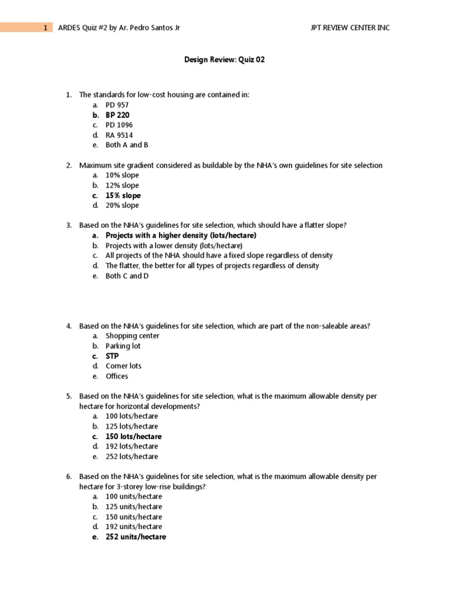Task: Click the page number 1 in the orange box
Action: [x=45, y=27]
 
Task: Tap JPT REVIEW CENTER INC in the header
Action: [x=351, y=27]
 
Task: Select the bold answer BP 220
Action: [x=118, y=115]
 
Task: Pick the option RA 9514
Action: [x=119, y=135]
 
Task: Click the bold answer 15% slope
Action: [x=123, y=196]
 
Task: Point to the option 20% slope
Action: [x=122, y=206]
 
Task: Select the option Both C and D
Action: [x=127, y=276]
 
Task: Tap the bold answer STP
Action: [x=112, y=356]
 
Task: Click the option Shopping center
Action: [x=132, y=336]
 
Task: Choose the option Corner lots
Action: [x=123, y=366]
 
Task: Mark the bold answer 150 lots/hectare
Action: [x=133, y=437]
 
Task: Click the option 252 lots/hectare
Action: [x=132, y=457]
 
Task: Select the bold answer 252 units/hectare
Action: [x=136, y=537]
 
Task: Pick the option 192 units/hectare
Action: [x=134, y=527]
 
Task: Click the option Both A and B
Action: [x=127, y=145]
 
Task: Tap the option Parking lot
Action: [x=123, y=346]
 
